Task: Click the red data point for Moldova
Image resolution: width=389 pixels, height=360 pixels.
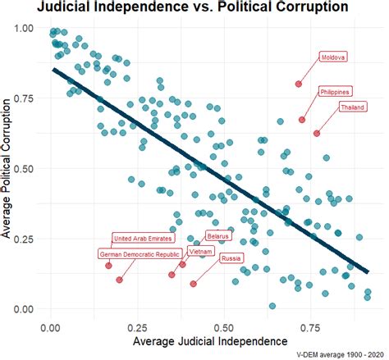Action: [x=299, y=84]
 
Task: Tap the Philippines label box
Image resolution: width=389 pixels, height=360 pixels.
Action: [x=336, y=91]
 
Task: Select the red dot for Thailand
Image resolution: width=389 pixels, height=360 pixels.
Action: [x=317, y=133]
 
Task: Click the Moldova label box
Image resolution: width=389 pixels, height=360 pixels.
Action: [x=333, y=57]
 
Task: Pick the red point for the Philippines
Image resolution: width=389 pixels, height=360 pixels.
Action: [x=302, y=120]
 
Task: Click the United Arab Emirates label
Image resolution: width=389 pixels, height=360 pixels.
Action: [x=142, y=239]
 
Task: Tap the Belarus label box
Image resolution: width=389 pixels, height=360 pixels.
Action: [x=218, y=235]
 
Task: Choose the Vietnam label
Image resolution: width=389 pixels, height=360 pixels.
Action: [x=199, y=251]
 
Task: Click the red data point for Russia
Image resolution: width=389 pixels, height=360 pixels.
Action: [x=194, y=284]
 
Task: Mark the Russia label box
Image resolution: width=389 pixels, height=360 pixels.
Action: [x=231, y=259]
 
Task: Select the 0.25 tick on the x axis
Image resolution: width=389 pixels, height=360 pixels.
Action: [x=138, y=326]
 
